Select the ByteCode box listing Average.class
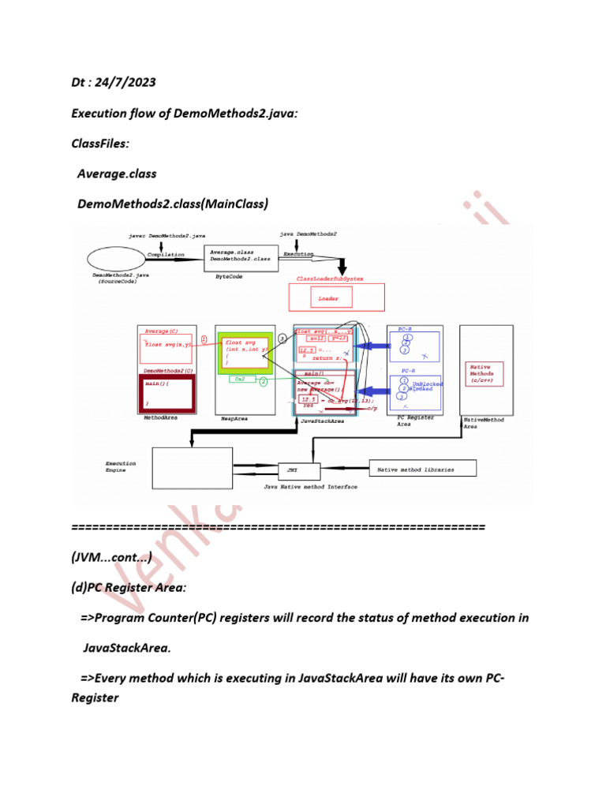click(241, 258)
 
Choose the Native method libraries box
click(415, 469)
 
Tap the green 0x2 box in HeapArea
click(239, 380)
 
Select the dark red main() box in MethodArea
click(166, 392)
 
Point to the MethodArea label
click(160, 418)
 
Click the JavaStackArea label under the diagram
click(324, 421)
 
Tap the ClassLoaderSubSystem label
click(330, 279)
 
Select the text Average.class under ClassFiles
click(117, 174)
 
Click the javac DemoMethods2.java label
click(166, 236)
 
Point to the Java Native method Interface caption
click(310, 487)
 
